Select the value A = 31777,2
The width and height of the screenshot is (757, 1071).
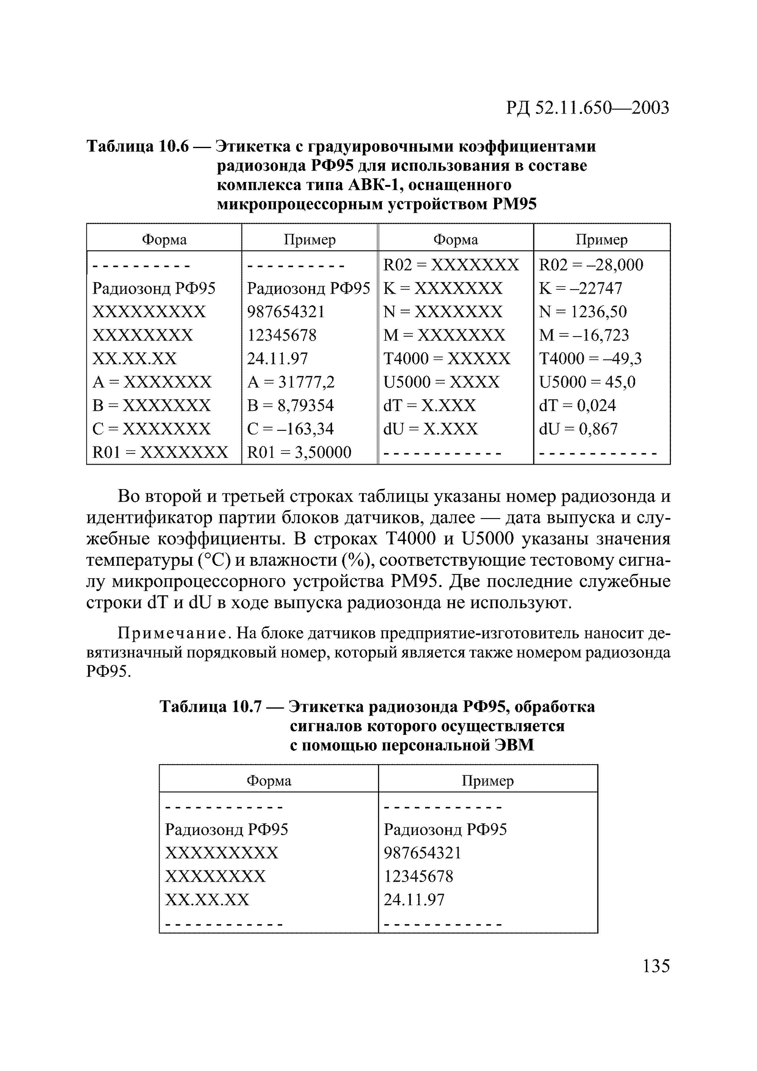[x=291, y=382]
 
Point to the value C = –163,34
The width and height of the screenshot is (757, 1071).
[x=290, y=429]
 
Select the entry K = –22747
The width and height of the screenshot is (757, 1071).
[x=580, y=288]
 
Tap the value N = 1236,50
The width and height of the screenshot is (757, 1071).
[x=583, y=312]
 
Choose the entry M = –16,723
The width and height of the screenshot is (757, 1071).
[x=584, y=335]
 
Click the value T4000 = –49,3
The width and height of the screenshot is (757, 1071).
[x=590, y=358]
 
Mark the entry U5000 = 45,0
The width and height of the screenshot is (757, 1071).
[x=587, y=382]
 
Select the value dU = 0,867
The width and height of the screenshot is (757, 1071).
[x=578, y=429]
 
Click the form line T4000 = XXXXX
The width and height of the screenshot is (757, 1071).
[x=446, y=358]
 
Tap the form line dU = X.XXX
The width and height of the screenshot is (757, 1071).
[x=430, y=429]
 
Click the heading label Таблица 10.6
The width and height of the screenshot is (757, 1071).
[x=138, y=147]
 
